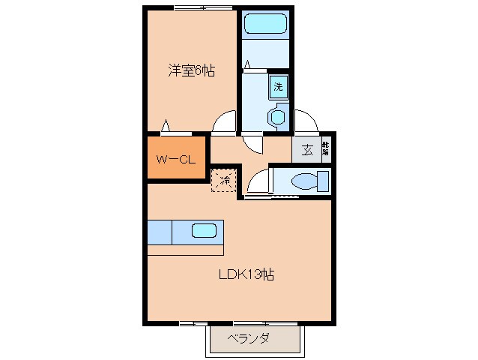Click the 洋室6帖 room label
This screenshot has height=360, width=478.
pos(191,71)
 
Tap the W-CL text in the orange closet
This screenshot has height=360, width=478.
pos(176,159)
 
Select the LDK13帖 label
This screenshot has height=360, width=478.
pos(245,274)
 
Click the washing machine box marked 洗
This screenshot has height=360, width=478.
pos(278,86)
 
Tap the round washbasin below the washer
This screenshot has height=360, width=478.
pos(278,117)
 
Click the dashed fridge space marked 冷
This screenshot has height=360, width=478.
pos(223,180)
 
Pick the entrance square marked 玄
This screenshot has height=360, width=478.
pos(308,148)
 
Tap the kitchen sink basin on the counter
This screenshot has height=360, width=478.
pos(204,231)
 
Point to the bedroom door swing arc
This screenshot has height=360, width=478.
pos(223,122)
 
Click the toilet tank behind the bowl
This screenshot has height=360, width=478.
pos(323,181)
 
